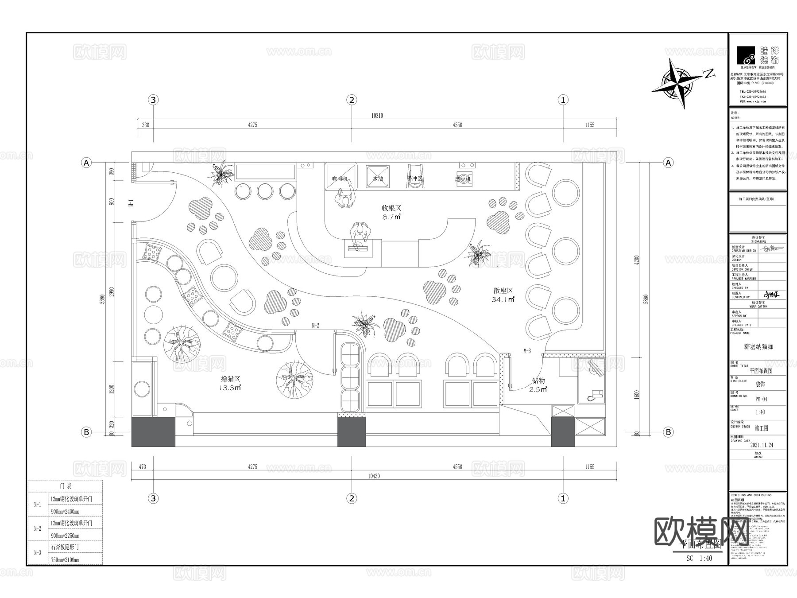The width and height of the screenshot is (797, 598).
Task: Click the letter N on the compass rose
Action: pos(709,73)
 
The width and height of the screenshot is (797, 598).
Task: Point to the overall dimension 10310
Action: pos(377,116)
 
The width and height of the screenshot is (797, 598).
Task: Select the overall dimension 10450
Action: pos(374,476)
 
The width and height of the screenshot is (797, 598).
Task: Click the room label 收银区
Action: pos(391,208)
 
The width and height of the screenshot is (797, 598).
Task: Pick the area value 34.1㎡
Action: pos(503,300)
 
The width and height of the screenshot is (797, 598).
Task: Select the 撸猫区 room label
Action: pos(231,379)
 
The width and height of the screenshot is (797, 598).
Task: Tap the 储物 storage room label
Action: pos(538,381)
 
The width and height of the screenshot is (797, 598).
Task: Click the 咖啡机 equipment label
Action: pos(340,179)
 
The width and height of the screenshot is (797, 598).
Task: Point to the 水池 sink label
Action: pos(378,179)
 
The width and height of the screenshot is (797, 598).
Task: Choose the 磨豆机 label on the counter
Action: pos(463,179)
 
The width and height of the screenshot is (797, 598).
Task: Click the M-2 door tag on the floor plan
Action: pos(315,326)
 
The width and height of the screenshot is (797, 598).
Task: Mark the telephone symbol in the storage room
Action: pos(595,394)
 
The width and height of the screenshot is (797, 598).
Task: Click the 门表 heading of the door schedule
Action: pos(65,486)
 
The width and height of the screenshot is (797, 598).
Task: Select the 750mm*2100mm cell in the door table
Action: pos(65,560)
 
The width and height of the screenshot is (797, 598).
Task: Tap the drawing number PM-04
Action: pos(761,399)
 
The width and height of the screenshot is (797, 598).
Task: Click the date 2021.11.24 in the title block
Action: pos(762,445)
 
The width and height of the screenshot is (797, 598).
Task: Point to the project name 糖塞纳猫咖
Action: pos(758,347)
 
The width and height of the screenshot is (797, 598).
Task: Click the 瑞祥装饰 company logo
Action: pos(758,55)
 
